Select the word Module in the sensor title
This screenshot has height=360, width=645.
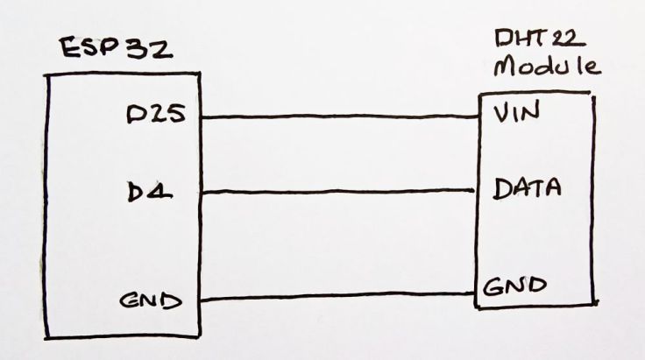546,67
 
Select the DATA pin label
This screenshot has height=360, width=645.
528,188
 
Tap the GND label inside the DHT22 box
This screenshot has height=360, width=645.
516,286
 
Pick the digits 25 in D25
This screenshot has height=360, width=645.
170,116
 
